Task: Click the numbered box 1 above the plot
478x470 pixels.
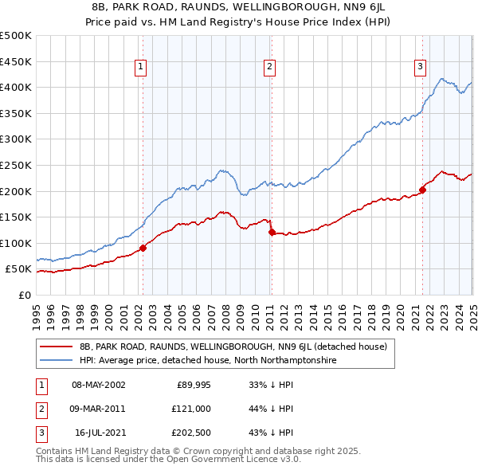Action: tap(140, 68)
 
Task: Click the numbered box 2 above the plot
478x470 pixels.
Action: tap(270, 68)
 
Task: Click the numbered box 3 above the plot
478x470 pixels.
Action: tap(420, 68)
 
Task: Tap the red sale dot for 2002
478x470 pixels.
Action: tap(143, 248)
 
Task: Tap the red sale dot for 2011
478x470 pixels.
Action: tap(272, 232)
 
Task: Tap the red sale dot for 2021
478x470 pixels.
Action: tap(422, 190)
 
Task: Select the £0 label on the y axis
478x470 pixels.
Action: tap(24, 295)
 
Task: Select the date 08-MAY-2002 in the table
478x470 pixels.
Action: tap(99, 385)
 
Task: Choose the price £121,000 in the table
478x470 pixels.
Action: tap(190, 409)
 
